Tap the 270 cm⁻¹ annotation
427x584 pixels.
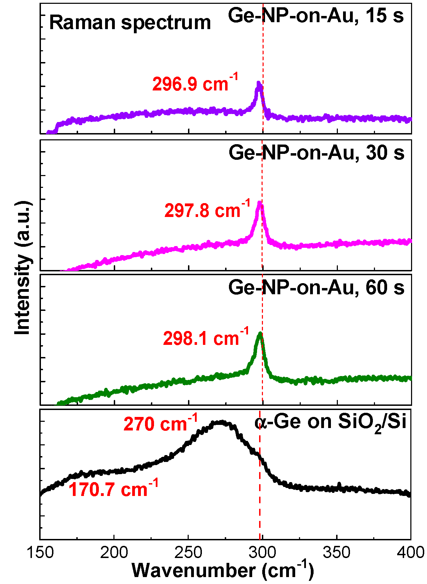pyautogui.click(x=161, y=424)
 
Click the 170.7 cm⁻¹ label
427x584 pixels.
pyautogui.click(x=113, y=489)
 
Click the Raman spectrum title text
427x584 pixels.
pyautogui.click(x=130, y=23)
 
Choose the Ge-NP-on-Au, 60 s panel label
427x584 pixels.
pyautogui.click(x=316, y=287)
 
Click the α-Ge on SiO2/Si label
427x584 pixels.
pyautogui.click(x=330, y=423)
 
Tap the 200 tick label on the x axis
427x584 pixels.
pyautogui.click(x=114, y=552)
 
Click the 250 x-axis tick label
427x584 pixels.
pyautogui.click(x=188, y=552)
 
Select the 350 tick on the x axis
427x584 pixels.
pyautogui.click(x=336, y=552)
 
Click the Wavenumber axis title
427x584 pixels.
pyautogui.click(x=223, y=570)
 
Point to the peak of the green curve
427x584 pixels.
pyautogui.click(x=260, y=333)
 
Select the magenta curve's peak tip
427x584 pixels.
pyautogui.click(x=260, y=202)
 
